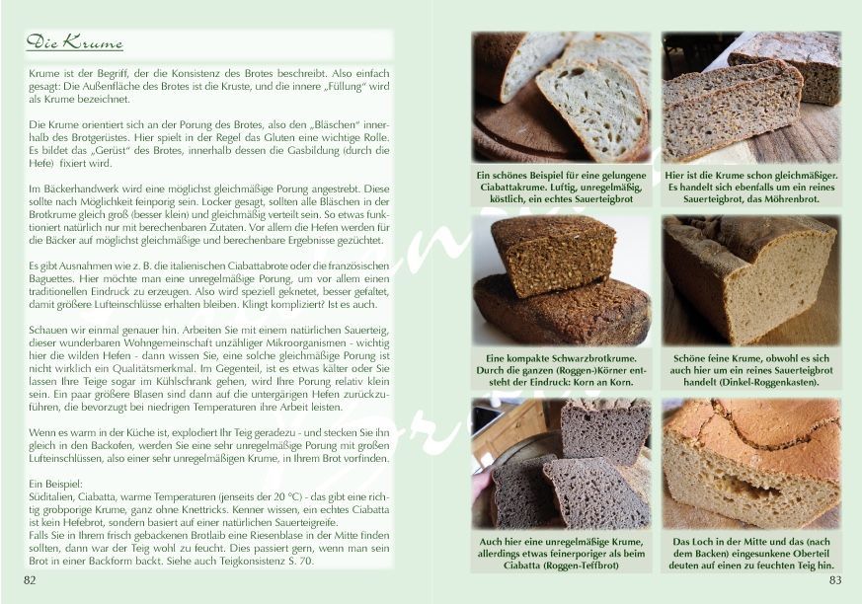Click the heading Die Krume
(x=74, y=42)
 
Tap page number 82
(x=30, y=579)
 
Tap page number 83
(x=835, y=579)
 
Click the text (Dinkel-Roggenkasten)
(x=751, y=382)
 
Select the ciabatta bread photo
(x=561, y=98)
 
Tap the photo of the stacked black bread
(x=561, y=281)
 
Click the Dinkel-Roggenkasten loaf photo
(x=751, y=281)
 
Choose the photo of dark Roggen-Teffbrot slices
(x=561, y=464)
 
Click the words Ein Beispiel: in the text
(x=55, y=485)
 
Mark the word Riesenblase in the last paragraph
(x=288, y=535)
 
